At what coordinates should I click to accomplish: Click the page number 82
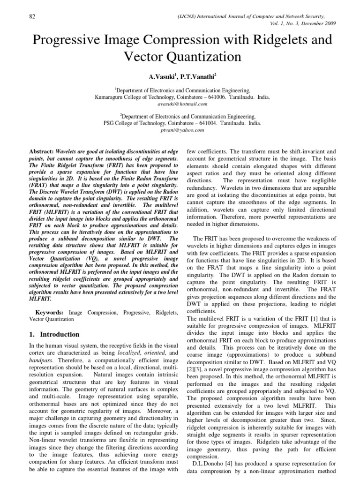point(32,17)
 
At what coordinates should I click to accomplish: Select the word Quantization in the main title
point(199,57)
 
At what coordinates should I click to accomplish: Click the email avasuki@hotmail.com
point(180,105)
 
